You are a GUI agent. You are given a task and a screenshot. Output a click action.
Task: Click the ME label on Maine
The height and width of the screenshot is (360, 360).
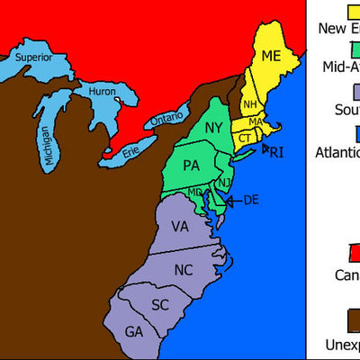click(271, 57)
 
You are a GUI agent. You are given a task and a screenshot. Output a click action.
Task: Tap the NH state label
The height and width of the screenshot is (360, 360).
click(249, 103)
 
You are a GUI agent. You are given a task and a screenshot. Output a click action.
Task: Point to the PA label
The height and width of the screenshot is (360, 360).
click(191, 166)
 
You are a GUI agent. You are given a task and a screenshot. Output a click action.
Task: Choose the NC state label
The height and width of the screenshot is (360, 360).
click(183, 270)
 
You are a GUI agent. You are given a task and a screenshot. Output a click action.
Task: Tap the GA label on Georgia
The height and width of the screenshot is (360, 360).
click(134, 332)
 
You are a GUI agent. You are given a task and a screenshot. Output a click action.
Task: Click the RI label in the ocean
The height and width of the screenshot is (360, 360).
click(276, 152)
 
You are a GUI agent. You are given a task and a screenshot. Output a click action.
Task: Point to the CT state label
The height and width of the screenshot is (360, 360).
click(244, 138)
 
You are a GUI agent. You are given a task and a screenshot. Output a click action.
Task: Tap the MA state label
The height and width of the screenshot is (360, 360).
click(255, 121)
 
